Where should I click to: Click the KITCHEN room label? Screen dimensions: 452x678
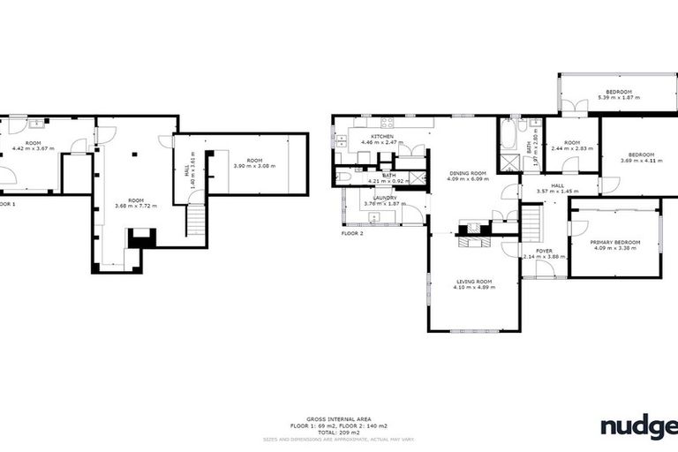381,137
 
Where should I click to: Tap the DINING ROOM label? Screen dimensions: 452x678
467,173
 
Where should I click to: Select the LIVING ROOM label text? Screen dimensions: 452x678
472,282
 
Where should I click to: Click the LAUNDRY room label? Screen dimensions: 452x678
384,198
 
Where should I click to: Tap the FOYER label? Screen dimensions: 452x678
544,252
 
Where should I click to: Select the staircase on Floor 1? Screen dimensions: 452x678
195,221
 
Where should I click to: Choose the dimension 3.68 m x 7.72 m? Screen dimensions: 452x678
135,206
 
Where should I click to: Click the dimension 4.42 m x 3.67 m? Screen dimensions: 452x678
34,148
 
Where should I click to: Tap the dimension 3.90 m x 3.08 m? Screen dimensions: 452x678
254,165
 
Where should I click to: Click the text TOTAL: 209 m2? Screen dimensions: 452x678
338,433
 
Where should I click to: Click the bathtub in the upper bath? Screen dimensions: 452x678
509,134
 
